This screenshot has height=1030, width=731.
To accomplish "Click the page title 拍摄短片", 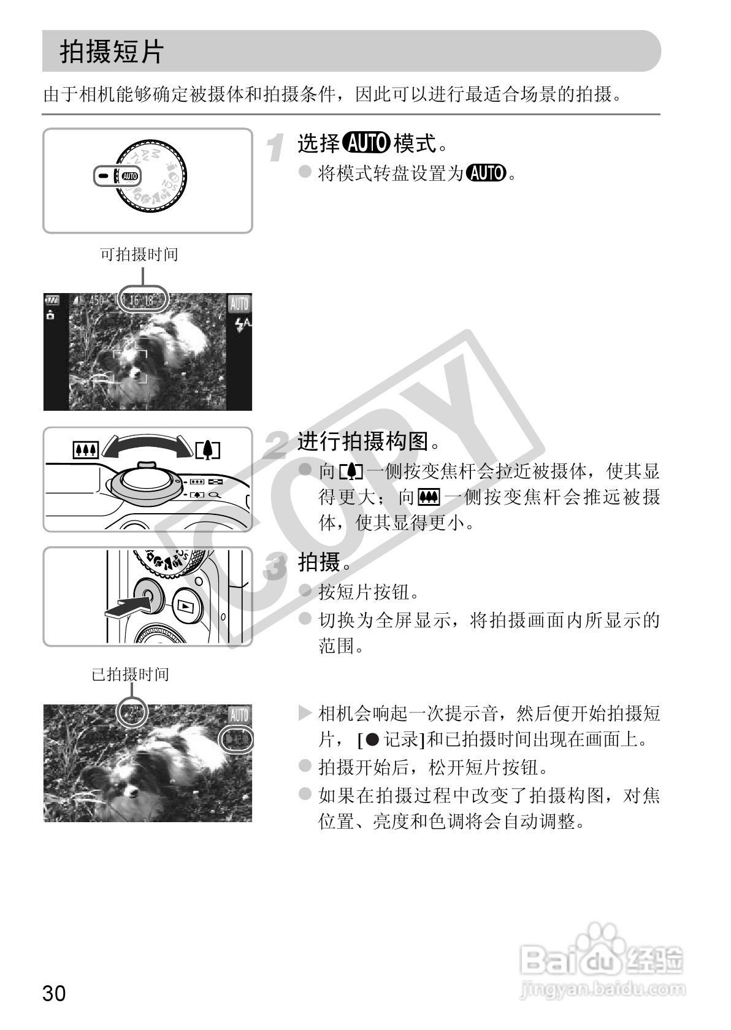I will click(x=112, y=51).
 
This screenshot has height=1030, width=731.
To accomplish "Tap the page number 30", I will click(x=54, y=993).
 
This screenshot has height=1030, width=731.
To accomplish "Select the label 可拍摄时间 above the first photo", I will click(x=139, y=254).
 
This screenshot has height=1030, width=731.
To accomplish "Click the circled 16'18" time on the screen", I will click(x=142, y=300).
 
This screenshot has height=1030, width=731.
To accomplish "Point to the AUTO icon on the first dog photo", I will click(x=239, y=303).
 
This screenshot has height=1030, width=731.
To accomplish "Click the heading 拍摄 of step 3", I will click(x=319, y=561).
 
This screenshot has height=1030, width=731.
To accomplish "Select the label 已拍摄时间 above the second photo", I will click(x=130, y=674).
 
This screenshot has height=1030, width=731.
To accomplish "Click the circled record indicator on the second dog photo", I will click(x=237, y=739).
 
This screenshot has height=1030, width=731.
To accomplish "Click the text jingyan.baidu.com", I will click(x=601, y=989).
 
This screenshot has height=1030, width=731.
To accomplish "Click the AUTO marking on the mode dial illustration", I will click(x=130, y=177).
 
